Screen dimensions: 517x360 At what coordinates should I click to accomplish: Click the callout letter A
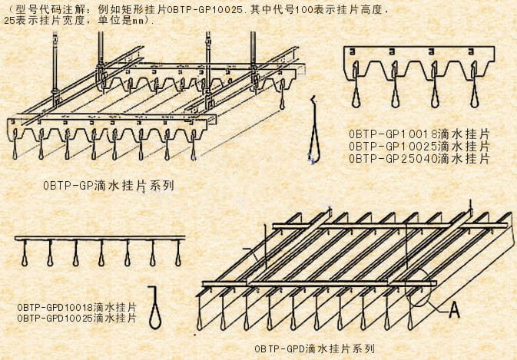(x=454, y=310)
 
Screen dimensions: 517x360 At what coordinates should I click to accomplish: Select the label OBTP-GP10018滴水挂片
(x=419, y=134)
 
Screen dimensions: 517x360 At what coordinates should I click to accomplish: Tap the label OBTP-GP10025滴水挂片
(x=419, y=147)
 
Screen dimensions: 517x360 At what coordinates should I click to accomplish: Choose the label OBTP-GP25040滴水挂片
(x=419, y=159)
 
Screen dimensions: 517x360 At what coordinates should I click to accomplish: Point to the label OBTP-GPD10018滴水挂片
(x=77, y=308)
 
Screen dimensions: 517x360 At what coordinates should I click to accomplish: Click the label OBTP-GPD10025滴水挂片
(x=77, y=319)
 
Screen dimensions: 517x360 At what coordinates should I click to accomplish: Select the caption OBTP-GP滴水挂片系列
(x=108, y=186)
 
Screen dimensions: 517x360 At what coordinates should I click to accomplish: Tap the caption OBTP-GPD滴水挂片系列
(x=314, y=348)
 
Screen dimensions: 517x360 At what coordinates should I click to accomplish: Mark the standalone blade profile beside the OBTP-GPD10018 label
(x=154, y=308)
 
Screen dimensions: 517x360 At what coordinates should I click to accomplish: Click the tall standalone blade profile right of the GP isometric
(x=314, y=130)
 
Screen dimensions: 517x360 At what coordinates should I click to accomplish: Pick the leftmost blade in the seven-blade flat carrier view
(x=25, y=253)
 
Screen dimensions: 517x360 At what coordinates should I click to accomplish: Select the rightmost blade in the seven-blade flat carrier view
(x=178, y=253)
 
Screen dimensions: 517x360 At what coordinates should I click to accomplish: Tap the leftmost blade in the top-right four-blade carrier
(x=356, y=85)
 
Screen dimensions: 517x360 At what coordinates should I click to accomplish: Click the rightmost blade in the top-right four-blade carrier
(x=474, y=85)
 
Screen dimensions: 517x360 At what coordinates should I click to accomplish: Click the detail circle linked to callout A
(x=418, y=289)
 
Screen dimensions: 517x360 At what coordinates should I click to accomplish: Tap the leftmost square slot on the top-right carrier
(x=352, y=52)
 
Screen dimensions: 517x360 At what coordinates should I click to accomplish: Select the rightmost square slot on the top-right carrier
(x=471, y=52)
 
